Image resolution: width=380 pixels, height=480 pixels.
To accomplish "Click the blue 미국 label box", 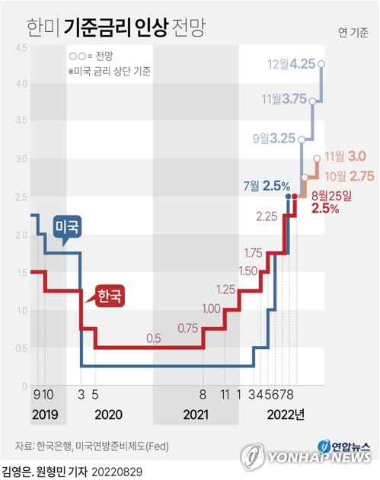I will click(68, 227).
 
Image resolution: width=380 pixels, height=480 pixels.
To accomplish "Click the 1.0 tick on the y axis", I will click(21, 311).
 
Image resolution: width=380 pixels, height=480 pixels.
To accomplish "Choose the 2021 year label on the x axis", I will click(196, 415).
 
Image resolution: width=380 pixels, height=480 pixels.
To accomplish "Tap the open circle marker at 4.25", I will click(323, 64).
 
